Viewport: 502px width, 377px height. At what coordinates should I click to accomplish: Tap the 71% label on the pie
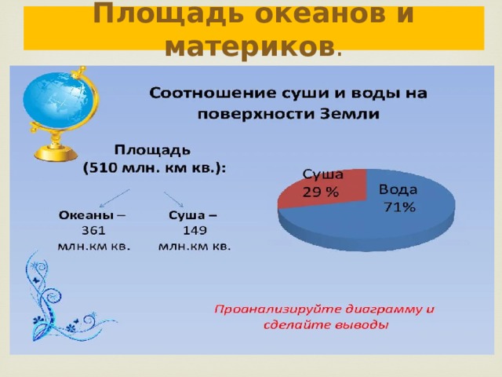(x=399, y=207)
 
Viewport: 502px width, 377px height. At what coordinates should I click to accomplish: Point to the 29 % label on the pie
(x=321, y=192)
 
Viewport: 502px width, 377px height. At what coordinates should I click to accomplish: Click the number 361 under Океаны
(x=93, y=230)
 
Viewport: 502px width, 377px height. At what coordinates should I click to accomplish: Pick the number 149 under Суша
(x=195, y=230)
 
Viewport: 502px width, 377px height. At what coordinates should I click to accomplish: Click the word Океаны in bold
(x=86, y=214)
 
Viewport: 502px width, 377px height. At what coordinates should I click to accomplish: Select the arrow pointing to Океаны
(x=115, y=199)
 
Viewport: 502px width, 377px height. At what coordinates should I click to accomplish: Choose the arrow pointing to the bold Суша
(x=174, y=199)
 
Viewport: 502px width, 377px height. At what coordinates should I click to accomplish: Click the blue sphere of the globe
(x=59, y=101)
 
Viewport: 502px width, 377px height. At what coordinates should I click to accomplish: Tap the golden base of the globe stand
(x=56, y=153)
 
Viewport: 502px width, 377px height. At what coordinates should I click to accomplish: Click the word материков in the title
(x=249, y=47)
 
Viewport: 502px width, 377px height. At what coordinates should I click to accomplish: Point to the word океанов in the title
(x=321, y=14)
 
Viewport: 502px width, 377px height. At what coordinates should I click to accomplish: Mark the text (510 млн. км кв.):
(x=155, y=168)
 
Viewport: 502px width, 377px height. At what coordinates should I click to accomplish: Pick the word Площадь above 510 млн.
(x=152, y=150)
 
